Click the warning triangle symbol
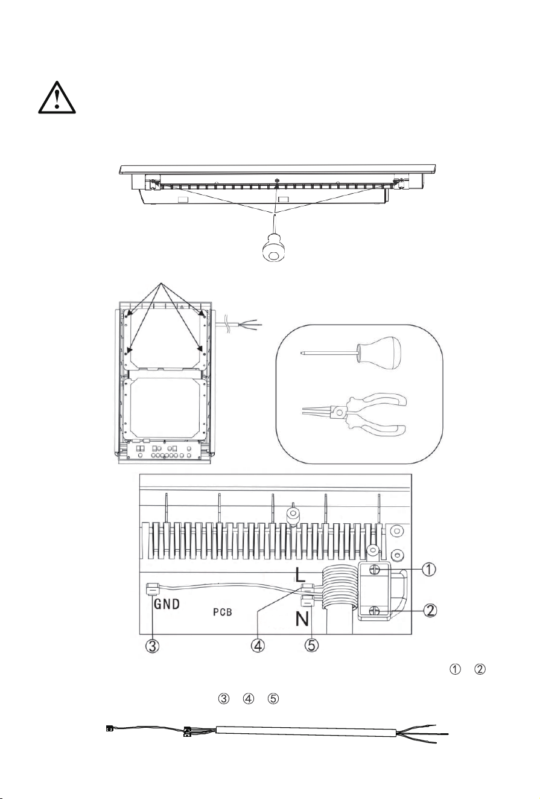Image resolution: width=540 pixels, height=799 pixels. tap(57, 98)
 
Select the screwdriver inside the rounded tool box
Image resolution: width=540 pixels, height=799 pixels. tap(351, 352)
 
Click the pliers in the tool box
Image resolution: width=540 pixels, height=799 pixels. tap(355, 414)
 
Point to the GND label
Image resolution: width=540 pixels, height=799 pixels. tap(167, 604)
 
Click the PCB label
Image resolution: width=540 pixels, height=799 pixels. tap(222, 612)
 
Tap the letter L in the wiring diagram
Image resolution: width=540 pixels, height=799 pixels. tap(300, 575)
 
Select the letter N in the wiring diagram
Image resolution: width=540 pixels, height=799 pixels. tap(302, 619)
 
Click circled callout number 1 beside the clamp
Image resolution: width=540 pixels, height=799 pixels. tap(429, 569)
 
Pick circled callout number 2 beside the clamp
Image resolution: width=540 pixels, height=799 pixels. tap(431, 611)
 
